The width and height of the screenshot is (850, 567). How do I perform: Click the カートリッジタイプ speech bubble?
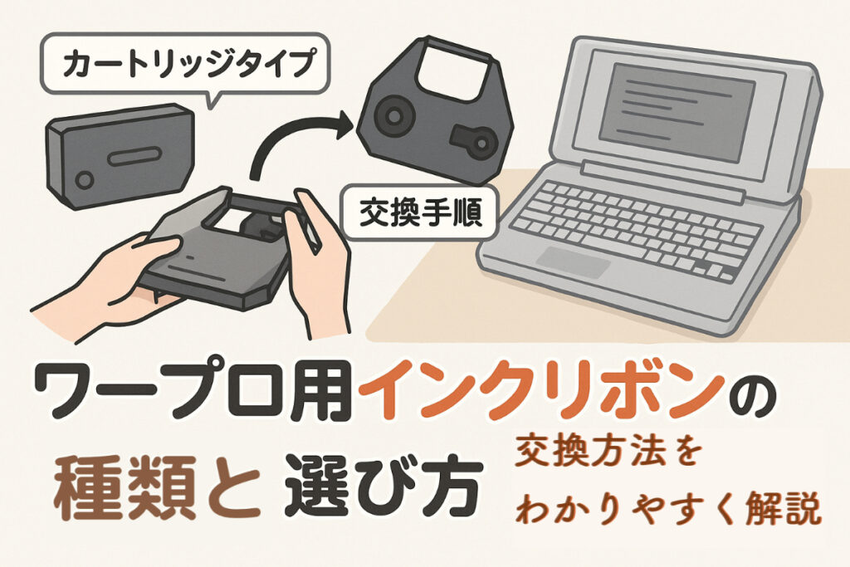(x=185, y=65)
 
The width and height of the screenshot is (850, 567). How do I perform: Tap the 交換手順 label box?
(x=421, y=213)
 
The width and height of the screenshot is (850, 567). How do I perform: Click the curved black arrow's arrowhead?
(x=344, y=125)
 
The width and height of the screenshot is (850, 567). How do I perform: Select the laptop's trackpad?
(x=576, y=262)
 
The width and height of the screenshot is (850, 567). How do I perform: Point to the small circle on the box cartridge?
(x=84, y=180)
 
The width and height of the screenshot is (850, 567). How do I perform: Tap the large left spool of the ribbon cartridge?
(x=394, y=115)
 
